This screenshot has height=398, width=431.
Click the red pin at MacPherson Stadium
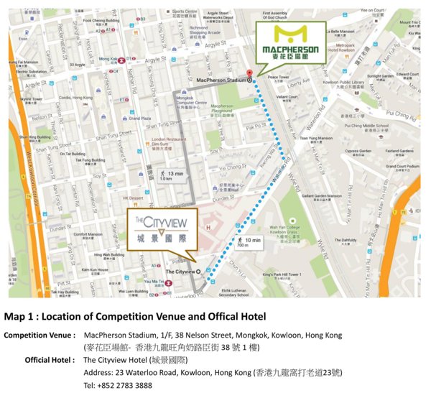(249, 73)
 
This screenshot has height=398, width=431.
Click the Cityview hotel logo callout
(160, 229)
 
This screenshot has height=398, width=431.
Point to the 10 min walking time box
(249, 241)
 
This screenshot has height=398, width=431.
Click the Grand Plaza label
(140, 118)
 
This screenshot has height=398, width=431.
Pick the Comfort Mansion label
(88, 233)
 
